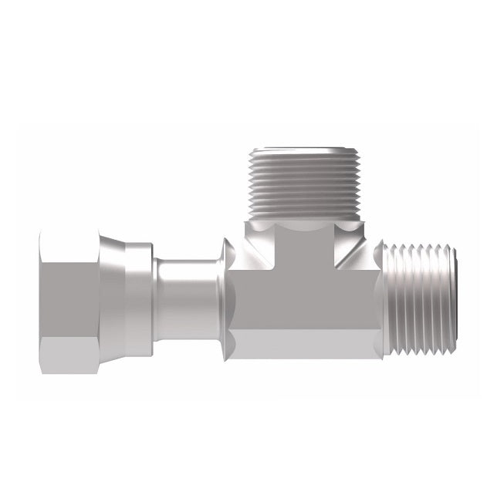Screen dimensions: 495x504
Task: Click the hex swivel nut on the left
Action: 69,298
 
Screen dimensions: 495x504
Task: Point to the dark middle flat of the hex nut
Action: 68,301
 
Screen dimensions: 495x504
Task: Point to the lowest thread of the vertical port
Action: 304,215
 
